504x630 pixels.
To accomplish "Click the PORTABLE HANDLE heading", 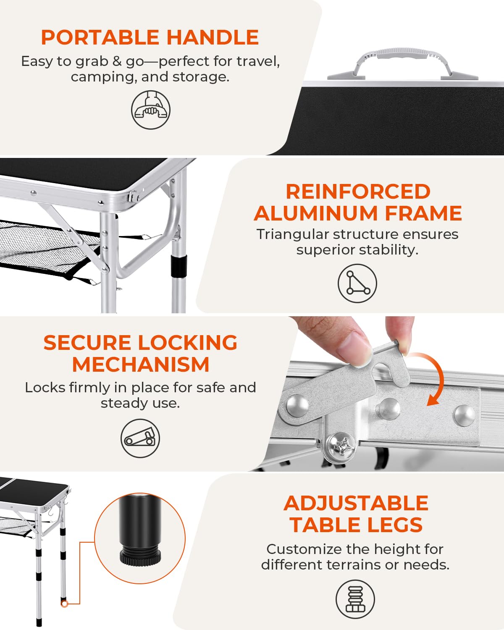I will click(x=150, y=37).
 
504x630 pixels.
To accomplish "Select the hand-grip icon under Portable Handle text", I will click(x=150, y=110).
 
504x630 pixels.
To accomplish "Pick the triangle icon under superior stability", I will click(x=357, y=283).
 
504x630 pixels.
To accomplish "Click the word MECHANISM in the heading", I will click(x=140, y=365).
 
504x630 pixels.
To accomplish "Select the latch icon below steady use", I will click(x=140, y=438).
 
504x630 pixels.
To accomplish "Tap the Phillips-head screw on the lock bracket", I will click(x=341, y=446).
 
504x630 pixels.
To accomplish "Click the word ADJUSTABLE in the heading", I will click(x=356, y=503).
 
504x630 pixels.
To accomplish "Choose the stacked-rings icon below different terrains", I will click(x=355, y=599).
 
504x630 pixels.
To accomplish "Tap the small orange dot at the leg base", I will click(x=64, y=604).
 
